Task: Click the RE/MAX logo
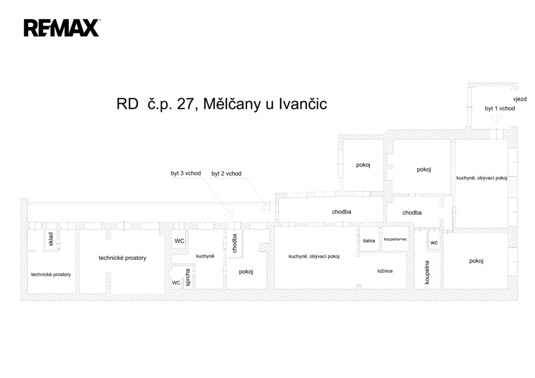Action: point(62,28)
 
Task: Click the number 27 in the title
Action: point(185,104)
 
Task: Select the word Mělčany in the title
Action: point(232,104)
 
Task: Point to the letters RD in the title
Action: point(127,104)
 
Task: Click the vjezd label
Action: point(520,99)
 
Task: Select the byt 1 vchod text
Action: point(499,109)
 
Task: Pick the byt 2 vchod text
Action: point(226,174)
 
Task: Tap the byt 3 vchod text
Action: point(185,173)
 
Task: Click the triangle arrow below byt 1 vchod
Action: point(496,119)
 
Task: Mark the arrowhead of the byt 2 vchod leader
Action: point(266,207)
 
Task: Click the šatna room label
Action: point(369,241)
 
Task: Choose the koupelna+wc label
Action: point(395,239)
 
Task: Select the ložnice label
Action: point(385,271)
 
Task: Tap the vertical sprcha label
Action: point(188,278)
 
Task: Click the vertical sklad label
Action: point(51,239)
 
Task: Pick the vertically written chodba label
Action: point(235,244)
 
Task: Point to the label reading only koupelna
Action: point(427,272)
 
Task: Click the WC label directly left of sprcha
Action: point(176,283)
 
